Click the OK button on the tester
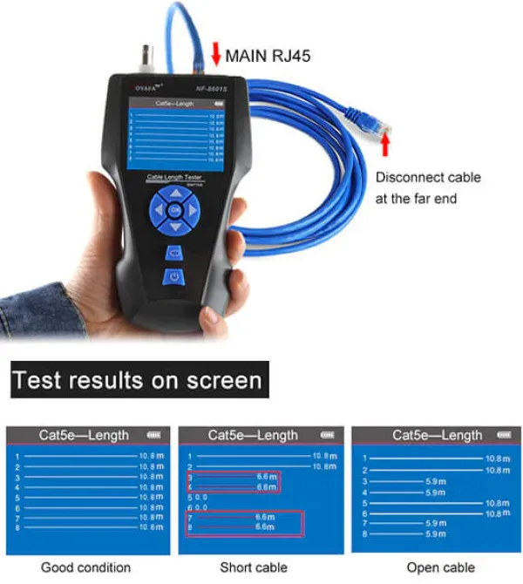(x=174, y=209)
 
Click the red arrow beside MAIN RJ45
(x=215, y=55)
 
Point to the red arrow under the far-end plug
(x=386, y=142)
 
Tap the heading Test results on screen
(x=137, y=380)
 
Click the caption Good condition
(x=85, y=567)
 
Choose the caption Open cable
(x=436, y=567)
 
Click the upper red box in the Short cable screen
(x=233, y=481)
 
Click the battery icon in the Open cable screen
(x=503, y=435)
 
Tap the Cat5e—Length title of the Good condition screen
(x=84, y=435)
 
